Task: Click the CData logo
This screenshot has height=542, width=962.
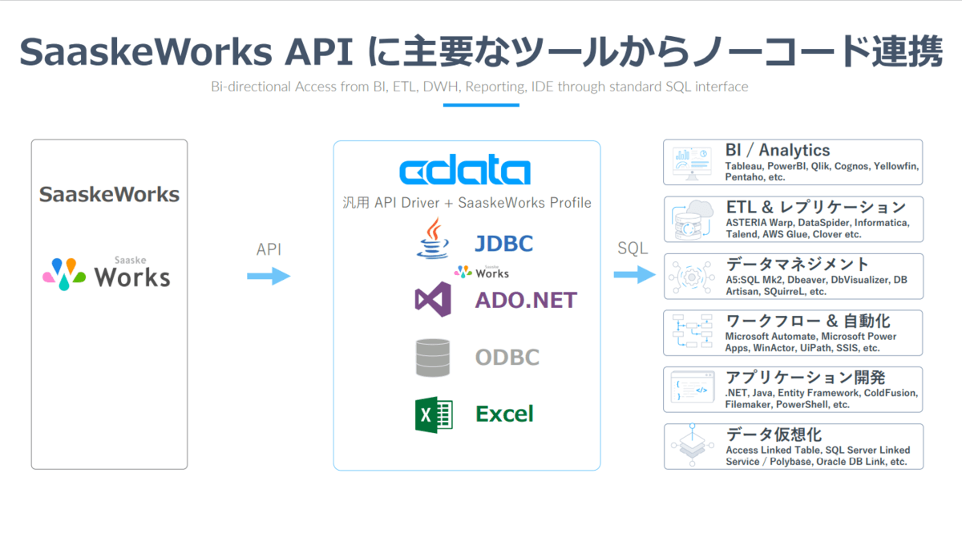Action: pyautogui.click(x=465, y=172)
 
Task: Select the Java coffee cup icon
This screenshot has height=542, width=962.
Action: pyautogui.click(x=433, y=239)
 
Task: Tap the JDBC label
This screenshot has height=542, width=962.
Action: pyautogui.click(x=503, y=243)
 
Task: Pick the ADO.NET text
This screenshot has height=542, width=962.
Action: pyautogui.click(x=525, y=300)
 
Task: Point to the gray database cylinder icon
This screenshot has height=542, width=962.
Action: pyautogui.click(x=433, y=358)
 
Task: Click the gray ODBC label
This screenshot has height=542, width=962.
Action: pyautogui.click(x=507, y=358)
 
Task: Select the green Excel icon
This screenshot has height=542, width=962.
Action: pyautogui.click(x=434, y=415)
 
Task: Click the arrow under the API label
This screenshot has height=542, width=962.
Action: pyautogui.click(x=269, y=277)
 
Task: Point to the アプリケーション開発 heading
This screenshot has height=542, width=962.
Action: pyautogui.click(x=805, y=378)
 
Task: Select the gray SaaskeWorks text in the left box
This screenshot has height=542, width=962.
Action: pyautogui.click(x=109, y=194)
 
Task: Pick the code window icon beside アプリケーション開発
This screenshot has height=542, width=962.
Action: pyautogui.click(x=692, y=390)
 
